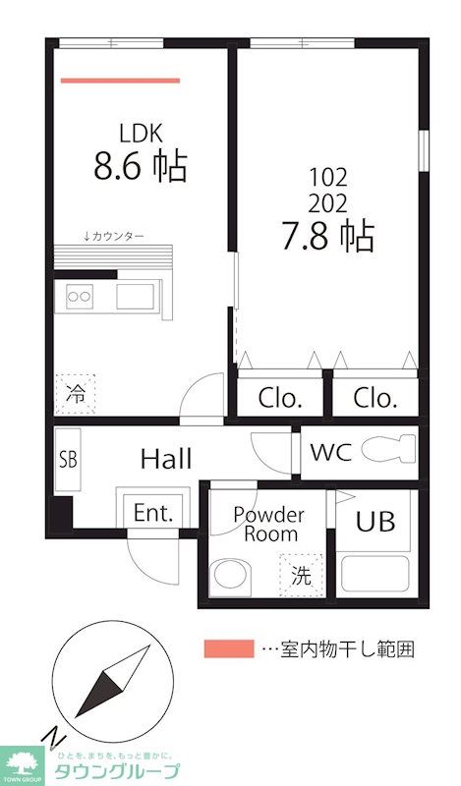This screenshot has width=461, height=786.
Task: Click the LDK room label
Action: [141, 134]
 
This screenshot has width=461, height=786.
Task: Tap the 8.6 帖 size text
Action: [140, 166]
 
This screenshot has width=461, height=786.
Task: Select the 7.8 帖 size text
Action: [328, 236]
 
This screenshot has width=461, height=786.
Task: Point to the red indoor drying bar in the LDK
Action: [120, 81]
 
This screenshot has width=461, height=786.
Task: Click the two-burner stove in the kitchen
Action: [80, 297]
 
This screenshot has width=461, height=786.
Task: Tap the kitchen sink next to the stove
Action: [136, 297]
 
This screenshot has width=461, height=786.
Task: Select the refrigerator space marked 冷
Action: [76, 395]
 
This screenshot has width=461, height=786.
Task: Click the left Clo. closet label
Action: [280, 398]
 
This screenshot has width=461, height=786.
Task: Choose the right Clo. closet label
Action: [375, 398]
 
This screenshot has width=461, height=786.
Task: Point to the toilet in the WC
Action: [388, 449]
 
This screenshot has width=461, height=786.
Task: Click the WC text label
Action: [330, 452]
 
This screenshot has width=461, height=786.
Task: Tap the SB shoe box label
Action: [68, 459]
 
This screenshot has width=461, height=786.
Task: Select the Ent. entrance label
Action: [153, 512]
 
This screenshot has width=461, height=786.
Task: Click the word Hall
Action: [166, 459]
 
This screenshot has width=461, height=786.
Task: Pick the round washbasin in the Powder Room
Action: [230, 575]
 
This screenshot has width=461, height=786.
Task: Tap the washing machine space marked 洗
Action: [301, 575]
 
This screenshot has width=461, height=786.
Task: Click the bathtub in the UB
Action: [375, 574]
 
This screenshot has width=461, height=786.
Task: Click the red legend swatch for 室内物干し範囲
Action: [229, 648]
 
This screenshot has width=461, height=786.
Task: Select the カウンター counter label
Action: [114, 236]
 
